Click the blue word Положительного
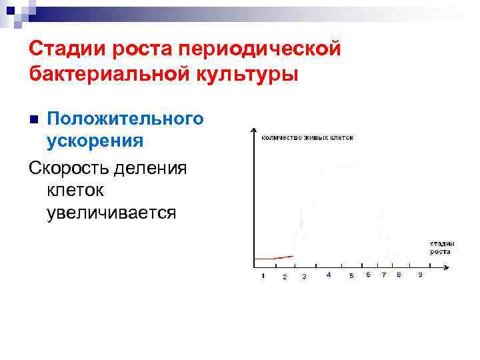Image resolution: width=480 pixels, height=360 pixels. [125, 119]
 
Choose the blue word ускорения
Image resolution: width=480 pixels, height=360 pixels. [95, 141]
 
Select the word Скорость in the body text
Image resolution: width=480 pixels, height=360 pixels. [69, 166]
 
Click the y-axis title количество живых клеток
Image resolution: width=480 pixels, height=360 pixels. [307, 137]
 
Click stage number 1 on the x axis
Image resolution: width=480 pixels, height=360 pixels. [263, 275]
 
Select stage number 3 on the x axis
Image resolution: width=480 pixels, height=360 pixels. [304, 276]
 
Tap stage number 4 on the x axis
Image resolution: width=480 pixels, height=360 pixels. [329, 275]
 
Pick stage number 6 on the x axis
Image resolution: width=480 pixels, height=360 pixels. [368, 275]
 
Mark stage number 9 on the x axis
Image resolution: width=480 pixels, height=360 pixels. [419, 275]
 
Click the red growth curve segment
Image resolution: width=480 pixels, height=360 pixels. [273, 257]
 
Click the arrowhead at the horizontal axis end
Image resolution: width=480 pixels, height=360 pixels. [453, 267]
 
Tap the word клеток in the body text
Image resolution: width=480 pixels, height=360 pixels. [75, 190]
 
